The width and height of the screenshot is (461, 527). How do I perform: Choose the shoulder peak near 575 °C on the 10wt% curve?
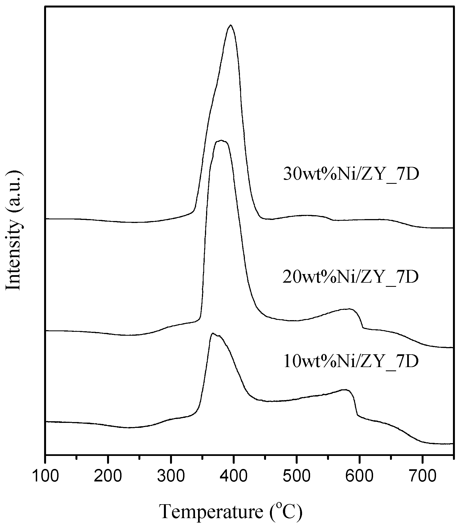345,390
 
